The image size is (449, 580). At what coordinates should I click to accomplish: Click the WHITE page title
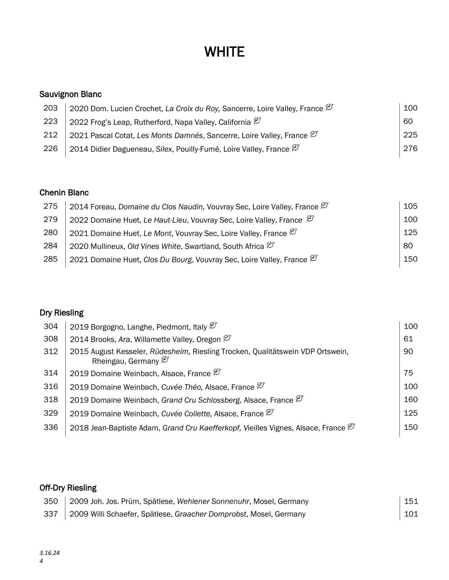pos(224,52)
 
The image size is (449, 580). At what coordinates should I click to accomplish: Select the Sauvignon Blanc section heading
pos(70,94)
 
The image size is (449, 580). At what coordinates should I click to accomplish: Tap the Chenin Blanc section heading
pos(64,192)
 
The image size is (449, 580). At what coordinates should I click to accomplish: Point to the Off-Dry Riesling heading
pos(68,488)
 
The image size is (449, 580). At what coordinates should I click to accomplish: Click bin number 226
pos(51,148)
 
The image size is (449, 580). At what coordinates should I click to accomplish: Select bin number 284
pos(51,246)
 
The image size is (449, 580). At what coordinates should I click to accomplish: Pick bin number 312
pos(51,352)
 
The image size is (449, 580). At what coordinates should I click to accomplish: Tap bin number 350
pos(51,501)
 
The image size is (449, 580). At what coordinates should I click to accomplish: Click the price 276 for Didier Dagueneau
pos(410,148)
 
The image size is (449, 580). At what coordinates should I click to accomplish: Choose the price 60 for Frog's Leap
pos(408,121)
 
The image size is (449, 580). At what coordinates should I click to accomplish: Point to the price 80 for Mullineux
pos(408,246)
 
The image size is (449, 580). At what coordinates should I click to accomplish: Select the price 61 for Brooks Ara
pos(408,339)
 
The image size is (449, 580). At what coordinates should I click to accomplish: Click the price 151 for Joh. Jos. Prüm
pos(411,501)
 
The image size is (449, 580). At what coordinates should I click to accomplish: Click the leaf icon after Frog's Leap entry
pos(257,121)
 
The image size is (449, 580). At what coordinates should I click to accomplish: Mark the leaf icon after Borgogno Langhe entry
pos(213,326)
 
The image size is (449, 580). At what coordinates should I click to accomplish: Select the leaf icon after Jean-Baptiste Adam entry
pos(351,427)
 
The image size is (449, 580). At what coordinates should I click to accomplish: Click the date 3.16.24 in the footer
pos(49,553)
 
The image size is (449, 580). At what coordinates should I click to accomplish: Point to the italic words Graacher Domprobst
pos(210,514)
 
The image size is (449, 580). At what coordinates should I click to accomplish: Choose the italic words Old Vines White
pos(154,246)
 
